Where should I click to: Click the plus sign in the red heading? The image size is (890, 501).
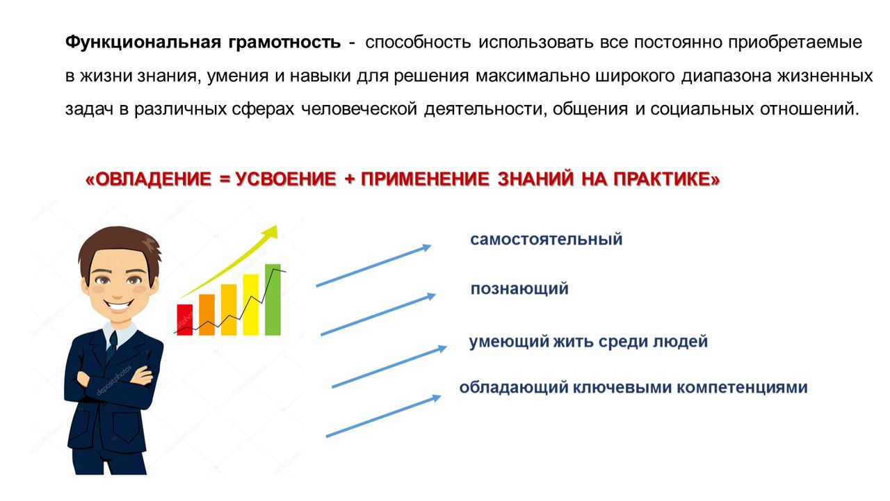349,179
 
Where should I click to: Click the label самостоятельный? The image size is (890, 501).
547,240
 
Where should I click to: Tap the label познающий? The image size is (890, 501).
519,288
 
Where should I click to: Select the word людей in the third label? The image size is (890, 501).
681,342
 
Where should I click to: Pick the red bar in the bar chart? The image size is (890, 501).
185,320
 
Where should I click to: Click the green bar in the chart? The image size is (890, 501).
273,299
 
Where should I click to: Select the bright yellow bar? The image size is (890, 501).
251,304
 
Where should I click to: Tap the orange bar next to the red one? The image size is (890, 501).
207,315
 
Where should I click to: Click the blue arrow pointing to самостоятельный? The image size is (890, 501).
373,265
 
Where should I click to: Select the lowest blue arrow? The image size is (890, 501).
383,416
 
